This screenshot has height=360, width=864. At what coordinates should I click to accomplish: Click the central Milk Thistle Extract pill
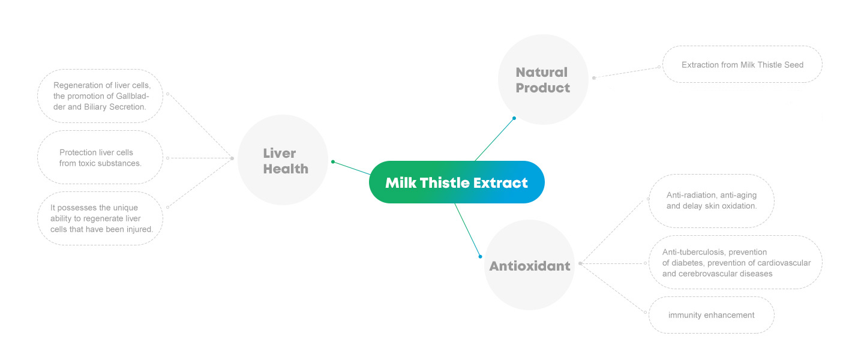(x=457, y=182)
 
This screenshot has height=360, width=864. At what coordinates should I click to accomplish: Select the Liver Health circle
(x=283, y=160)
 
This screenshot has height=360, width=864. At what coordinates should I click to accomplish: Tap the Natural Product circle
(x=543, y=79)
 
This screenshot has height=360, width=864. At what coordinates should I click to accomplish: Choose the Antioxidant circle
(x=529, y=265)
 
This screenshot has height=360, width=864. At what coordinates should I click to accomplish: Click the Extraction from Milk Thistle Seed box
(x=743, y=64)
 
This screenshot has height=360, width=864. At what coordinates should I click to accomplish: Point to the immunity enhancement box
(x=711, y=315)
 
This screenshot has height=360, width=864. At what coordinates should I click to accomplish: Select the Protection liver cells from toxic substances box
(x=100, y=157)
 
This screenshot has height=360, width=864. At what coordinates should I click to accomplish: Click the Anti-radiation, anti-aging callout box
(x=711, y=200)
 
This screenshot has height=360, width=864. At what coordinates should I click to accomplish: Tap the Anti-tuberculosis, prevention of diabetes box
(x=736, y=262)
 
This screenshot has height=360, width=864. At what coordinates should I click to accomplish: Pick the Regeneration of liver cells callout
(x=100, y=96)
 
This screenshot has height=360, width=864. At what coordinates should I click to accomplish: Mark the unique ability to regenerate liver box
(x=100, y=218)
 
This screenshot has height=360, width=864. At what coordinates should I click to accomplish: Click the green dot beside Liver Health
(x=333, y=161)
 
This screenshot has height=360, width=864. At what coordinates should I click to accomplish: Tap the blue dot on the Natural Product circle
(x=514, y=118)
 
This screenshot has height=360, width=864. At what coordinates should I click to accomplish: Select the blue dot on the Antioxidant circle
(x=480, y=257)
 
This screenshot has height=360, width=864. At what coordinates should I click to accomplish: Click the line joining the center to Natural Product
(x=494, y=140)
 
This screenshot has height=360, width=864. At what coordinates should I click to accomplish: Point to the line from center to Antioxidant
(x=467, y=230)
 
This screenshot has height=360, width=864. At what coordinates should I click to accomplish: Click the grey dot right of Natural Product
(x=594, y=78)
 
